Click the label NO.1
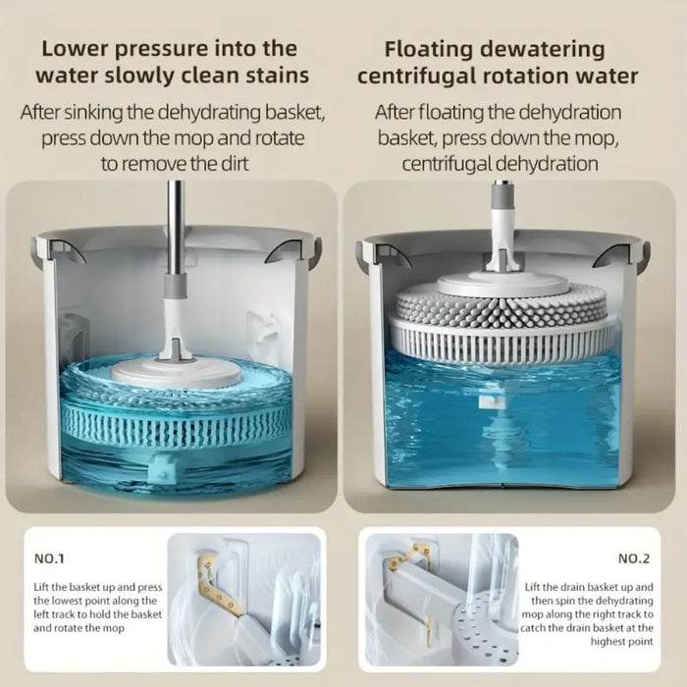click(49, 558)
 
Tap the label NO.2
click(634, 558)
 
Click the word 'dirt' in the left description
click(230, 163)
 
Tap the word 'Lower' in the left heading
click(74, 47)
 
